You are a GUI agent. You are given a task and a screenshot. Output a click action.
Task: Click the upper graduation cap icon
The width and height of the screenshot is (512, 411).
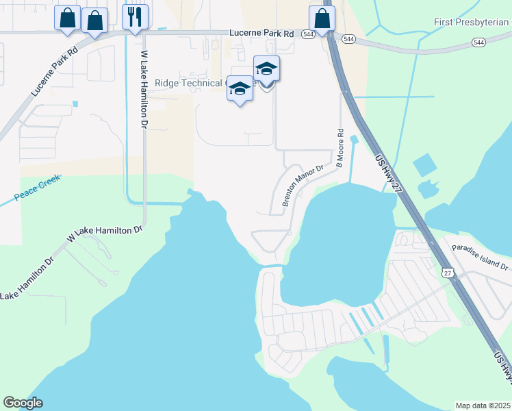pyautogui.click(x=266, y=68)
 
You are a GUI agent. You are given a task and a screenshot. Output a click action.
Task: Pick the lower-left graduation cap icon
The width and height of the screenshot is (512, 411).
pyautogui.click(x=240, y=89)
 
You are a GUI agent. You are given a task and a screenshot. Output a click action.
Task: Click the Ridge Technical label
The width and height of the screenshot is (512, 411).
pyautogui.click(x=199, y=83)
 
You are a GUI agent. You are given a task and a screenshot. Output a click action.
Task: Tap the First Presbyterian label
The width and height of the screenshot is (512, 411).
pyautogui.click(x=472, y=22)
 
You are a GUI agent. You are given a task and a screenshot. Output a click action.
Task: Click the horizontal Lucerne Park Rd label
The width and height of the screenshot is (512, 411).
pyautogui.click(x=261, y=33)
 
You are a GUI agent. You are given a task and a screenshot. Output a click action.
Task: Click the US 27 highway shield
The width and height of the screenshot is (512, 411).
pyautogui.click(x=448, y=273)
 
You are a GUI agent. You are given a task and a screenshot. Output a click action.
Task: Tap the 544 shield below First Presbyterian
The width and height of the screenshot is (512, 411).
pyautogui.click(x=478, y=42)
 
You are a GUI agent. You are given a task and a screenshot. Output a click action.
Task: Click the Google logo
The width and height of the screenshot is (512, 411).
pyautogui.click(x=23, y=403)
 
